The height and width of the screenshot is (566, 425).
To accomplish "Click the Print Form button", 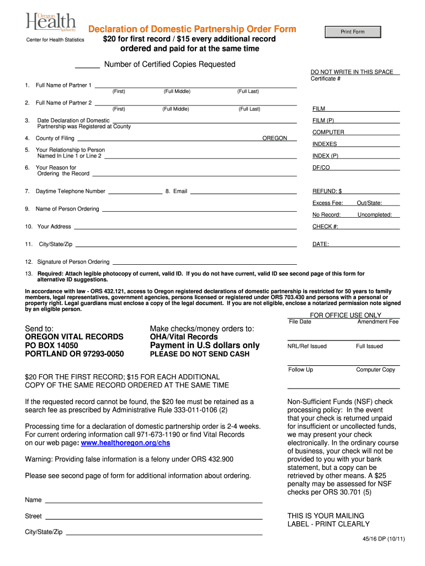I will (352, 32).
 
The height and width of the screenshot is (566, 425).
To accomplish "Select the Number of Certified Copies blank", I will (87, 65).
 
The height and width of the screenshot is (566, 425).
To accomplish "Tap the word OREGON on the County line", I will (274, 138).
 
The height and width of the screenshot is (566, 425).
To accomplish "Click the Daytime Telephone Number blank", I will (135, 191).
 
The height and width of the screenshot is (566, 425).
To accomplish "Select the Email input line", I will (243, 191).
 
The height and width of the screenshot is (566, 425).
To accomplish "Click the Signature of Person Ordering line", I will (204, 261).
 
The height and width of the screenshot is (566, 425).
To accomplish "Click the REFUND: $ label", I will (327, 191).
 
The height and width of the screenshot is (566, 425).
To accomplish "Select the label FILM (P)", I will (323, 120).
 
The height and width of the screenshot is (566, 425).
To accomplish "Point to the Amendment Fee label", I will (378, 322).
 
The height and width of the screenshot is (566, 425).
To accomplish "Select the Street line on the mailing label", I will (153, 516).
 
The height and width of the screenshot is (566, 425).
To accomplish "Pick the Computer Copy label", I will (375, 370).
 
